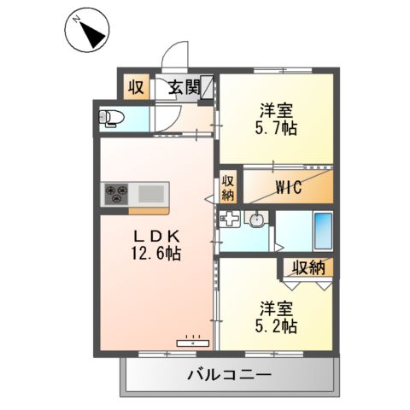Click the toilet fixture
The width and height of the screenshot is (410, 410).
click(112, 119)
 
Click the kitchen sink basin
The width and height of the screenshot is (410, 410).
click(150, 193)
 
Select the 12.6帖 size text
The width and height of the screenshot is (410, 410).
click(155, 253)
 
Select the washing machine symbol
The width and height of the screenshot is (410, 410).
click(229, 220)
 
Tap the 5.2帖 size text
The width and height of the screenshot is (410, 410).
click(276, 325)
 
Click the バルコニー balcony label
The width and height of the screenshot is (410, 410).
click(228, 374)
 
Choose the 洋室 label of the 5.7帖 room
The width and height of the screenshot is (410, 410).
click(276, 109)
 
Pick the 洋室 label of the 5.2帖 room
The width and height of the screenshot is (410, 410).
click(276, 306)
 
